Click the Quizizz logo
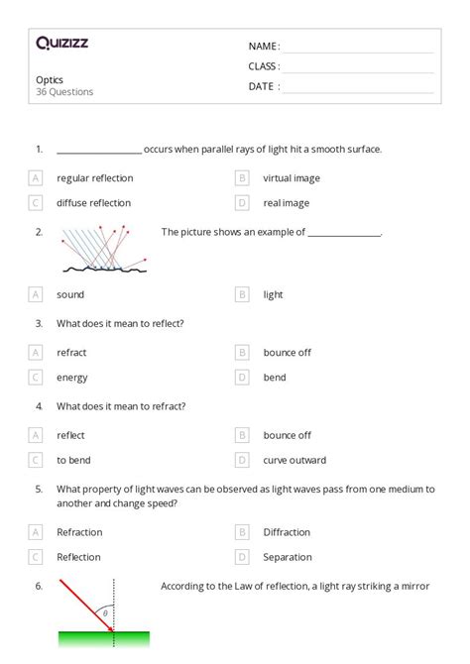[x=61, y=43]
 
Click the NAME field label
[x=264, y=46]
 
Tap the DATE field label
[x=264, y=86]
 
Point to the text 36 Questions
[x=64, y=92]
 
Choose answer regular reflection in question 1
[x=94, y=178]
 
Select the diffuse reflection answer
[x=93, y=203]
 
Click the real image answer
[x=286, y=203]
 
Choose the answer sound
[x=70, y=294]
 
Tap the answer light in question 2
[x=273, y=294]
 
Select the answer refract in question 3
[x=72, y=352]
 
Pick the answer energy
[x=71, y=378]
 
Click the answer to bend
[x=73, y=460]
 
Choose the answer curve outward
[x=294, y=460]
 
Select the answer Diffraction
[x=287, y=532]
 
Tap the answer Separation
[x=288, y=557]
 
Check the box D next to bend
[x=241, y=378]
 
